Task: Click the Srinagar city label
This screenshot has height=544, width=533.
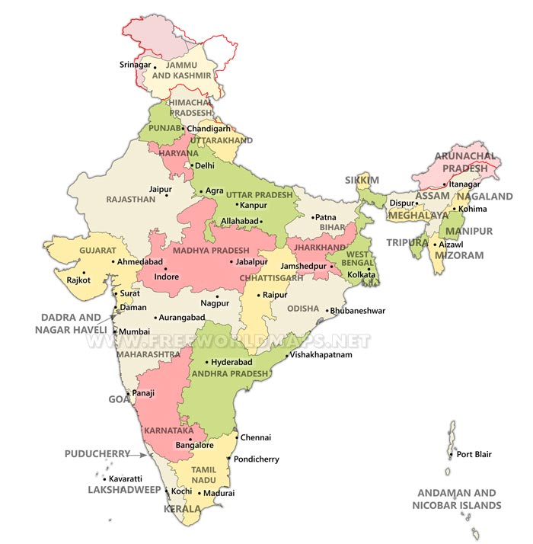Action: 136,66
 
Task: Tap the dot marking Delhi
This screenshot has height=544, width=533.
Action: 192,165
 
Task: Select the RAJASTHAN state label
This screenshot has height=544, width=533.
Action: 131,199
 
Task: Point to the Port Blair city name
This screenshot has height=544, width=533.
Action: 474,455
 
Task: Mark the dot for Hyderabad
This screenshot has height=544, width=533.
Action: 207,363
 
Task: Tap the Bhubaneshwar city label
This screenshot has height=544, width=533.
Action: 358,311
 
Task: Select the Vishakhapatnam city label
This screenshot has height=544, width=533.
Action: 321,355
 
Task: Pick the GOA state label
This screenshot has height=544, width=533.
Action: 118,399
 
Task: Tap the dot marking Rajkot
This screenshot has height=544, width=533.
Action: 84,273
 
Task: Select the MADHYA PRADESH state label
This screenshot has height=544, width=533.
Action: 211,251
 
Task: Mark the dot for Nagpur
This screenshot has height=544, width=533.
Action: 217,296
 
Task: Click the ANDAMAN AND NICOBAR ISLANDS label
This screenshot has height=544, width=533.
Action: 457,499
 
